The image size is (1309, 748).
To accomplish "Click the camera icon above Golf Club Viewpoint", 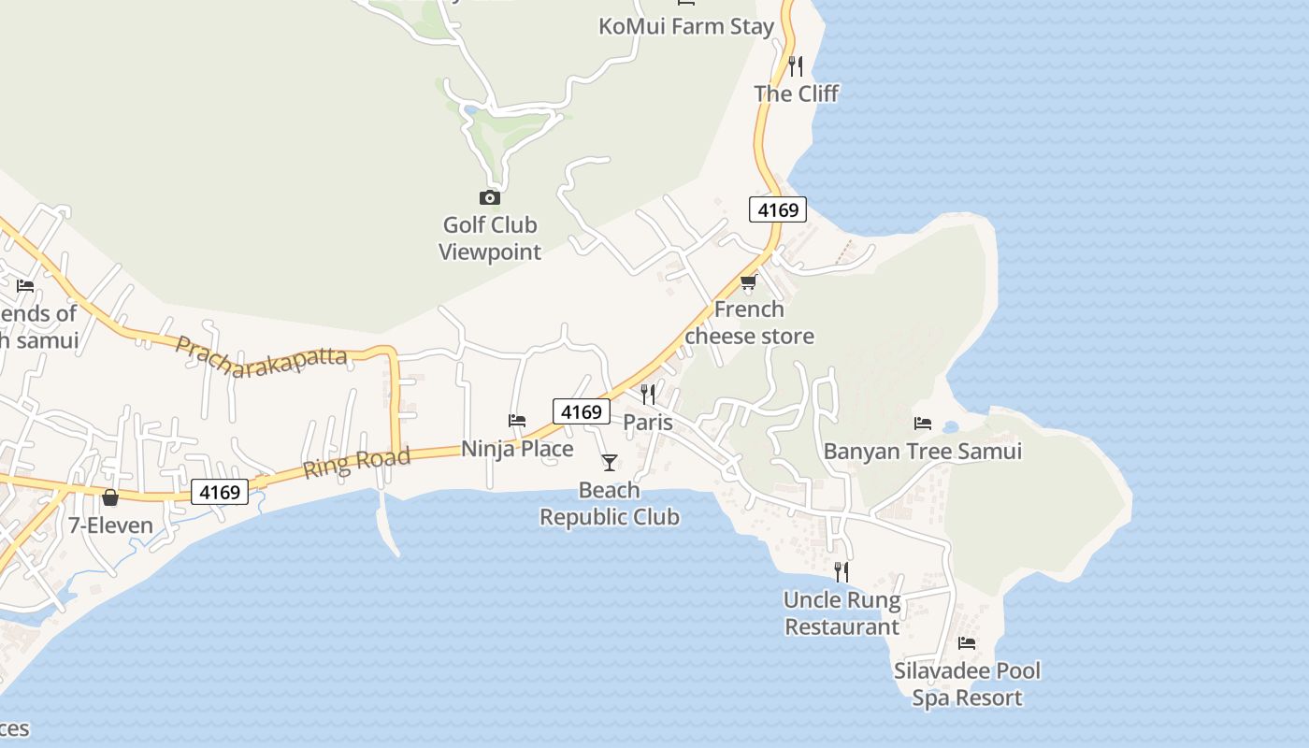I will tap(489, 197).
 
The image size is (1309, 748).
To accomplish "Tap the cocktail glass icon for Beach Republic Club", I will tap(610, 462).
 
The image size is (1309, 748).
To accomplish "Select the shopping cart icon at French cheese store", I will tap(748, 281).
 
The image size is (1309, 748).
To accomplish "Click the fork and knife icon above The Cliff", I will tap(796, 65).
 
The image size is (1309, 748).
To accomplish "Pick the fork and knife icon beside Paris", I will tap(648, 395).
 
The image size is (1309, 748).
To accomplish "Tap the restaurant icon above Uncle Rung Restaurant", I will tap(841, 571).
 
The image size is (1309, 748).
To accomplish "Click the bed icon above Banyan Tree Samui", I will tap(923, 424).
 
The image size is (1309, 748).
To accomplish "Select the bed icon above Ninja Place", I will tap(517, 421).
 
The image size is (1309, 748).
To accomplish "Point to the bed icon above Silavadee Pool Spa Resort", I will tap(967, 643).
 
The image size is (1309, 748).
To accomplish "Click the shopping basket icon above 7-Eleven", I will tap(110, 497).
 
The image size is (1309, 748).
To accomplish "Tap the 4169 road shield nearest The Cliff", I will tap(778, 209).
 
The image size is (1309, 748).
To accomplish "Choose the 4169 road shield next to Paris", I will tap(581, 411).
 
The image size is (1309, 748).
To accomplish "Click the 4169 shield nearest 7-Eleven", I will tap(221, 492).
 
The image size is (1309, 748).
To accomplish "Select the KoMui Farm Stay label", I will tap(686, 26).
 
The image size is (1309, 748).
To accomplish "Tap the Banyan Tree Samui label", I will tap(923, 452).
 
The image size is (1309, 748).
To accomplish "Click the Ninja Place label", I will tap(517, 449).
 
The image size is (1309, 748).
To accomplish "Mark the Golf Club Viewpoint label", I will tap(490, 238).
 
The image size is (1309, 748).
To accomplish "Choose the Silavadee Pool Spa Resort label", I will tap(967, 684).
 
